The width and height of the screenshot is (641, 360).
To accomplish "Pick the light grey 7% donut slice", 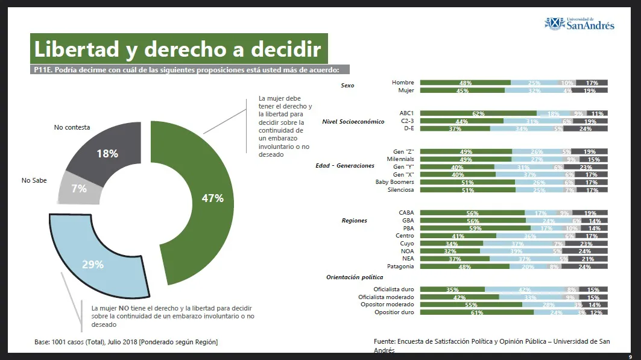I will coord(79,189).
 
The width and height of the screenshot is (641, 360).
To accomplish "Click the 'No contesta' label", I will coord(72,127).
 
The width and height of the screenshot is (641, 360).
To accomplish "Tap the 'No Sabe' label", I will coord(34,180).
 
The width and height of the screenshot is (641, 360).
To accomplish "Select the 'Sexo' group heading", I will coord(347,86).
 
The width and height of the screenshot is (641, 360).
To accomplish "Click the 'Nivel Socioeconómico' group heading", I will coord(353,121).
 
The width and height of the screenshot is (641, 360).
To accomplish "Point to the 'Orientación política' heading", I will coord(355,277).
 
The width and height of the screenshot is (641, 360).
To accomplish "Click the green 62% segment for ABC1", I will coord(478,113).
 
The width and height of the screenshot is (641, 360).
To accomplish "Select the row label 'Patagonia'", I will coord(400,266).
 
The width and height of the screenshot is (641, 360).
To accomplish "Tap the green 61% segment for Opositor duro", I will coord(476,312).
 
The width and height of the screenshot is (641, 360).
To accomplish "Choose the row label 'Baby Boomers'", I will coord(395,182).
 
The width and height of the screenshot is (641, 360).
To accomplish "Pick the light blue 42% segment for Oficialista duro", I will coord(524,289).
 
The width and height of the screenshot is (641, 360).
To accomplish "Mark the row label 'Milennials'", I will coord(400,159).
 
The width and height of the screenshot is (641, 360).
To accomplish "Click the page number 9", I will coord(630,356).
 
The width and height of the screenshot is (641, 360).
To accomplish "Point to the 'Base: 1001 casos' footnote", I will coord(126,342).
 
